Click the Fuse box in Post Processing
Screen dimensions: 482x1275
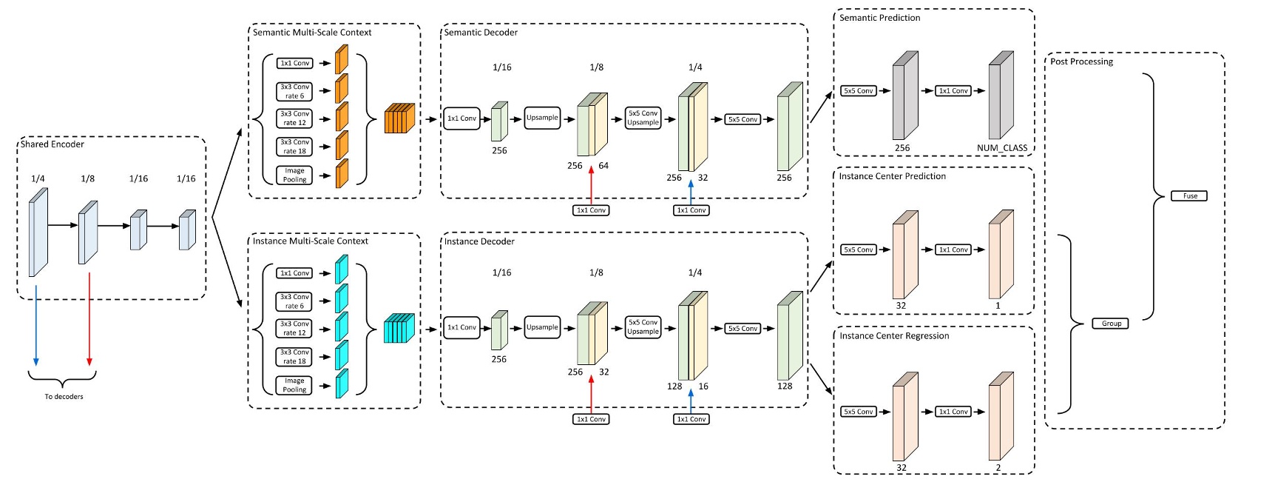point(1189,196)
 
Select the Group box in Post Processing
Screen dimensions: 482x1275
point(1110,324)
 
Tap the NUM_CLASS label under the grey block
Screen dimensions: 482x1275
point(1001,148)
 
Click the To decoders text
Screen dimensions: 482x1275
point(64,397)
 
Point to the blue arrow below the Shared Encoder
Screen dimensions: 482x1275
point(35,326)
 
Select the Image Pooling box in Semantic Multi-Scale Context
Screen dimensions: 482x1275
point(294,175)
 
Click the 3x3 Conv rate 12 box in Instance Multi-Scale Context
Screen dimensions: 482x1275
point(294,329)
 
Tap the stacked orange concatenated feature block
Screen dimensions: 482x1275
point(399,118)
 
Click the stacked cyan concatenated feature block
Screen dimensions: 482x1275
point(399,328)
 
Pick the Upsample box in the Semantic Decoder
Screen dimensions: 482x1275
point(542,118)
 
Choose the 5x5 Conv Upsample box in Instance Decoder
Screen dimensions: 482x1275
point(643,327)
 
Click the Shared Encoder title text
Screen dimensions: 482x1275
point(53,144)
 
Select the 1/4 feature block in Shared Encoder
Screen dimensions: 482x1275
point(38,232)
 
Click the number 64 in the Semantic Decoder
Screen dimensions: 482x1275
point(603,166)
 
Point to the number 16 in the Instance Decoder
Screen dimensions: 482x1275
point(703,386)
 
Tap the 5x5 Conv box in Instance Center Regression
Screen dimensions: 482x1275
point(858,412)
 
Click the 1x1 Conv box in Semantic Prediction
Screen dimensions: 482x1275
point(953,91)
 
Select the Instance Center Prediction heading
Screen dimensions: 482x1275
point(892,176)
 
